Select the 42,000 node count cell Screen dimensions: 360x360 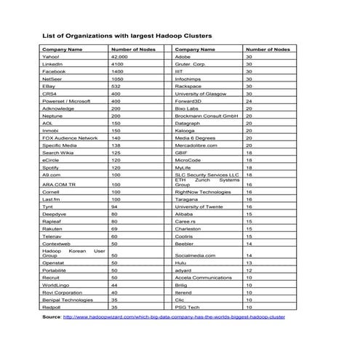[x=119, y=56]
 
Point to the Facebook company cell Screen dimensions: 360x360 [x=54, y=72]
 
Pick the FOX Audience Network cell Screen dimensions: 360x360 [x=70, y=137]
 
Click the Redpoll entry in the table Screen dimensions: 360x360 [x=52, y=308]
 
